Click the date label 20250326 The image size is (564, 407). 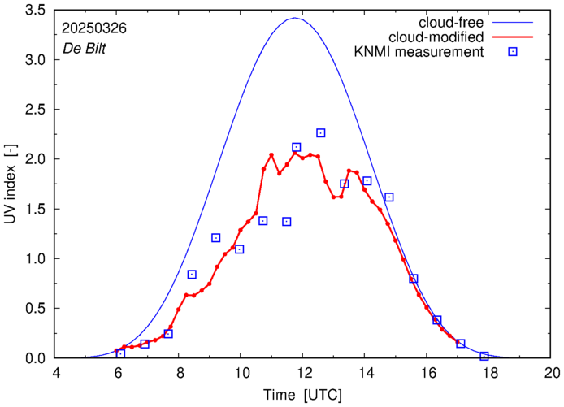[94, 28]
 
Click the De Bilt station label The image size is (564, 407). [85, 48]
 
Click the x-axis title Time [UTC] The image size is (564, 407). [302, 395]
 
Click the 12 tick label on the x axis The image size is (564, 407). [302, 375]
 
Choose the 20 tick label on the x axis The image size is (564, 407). [552, 375]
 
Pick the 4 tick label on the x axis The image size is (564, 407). [56, 375]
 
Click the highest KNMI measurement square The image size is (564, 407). [321, 133]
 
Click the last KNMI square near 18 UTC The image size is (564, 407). [484, 356]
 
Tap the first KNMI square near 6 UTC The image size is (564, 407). [121, 353]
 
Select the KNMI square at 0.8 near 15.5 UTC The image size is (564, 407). [414, 279]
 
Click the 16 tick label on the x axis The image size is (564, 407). [427, 375]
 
